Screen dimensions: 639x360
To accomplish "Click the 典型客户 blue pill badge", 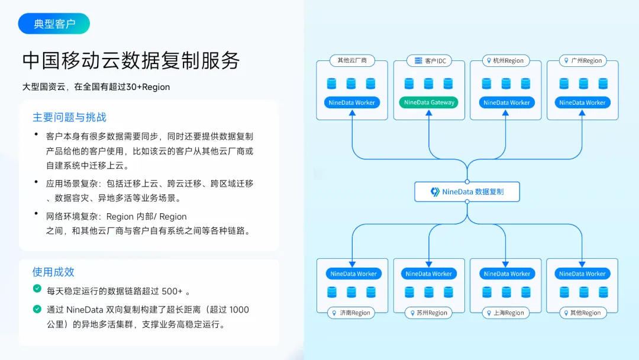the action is (x=54, y=24).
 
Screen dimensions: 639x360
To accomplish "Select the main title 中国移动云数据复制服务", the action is (x=131, y=61).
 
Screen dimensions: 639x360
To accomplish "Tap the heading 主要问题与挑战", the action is (x=69, y=117).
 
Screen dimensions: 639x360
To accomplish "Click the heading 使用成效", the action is (x=53, y=272).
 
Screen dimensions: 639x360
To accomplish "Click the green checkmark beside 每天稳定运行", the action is (x=37, y=289).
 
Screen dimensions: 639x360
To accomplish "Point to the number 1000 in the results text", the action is (x=239, y=310).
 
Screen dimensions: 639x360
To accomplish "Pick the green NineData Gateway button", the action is (x=429, y=102).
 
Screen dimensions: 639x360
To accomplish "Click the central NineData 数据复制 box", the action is (x=467, y=192).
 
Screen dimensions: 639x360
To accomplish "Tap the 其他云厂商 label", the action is (x=352, y=60).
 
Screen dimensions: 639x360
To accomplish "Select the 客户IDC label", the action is (x=430, y=61).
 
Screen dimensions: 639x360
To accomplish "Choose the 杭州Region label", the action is (x=506, y=61).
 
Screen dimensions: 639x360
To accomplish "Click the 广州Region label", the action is (x=583, y=61).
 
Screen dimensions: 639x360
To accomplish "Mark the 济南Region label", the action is (x=351, y=313).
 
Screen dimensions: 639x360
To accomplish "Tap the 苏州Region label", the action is (x=428, y=313).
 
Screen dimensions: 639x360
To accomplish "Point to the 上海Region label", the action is (x=506, y=313).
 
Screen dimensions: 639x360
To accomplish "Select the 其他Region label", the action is (x=583, y=313).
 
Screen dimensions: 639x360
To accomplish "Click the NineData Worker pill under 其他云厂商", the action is (x=351, y=102).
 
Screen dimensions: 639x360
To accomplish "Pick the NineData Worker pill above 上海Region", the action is (x=507, y=274).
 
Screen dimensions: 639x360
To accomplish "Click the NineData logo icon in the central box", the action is (x=435, y=192).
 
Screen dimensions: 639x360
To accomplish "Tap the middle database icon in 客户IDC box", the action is (x=428, y=83).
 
